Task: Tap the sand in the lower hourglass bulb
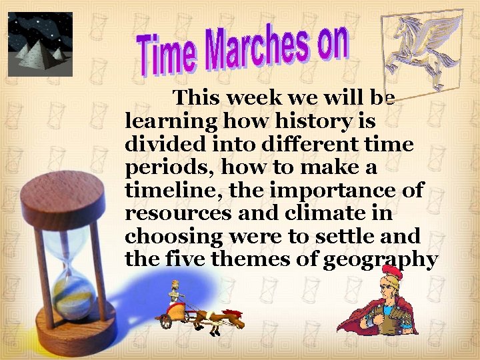pos(73,293)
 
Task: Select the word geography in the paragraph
pos(381,260)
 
